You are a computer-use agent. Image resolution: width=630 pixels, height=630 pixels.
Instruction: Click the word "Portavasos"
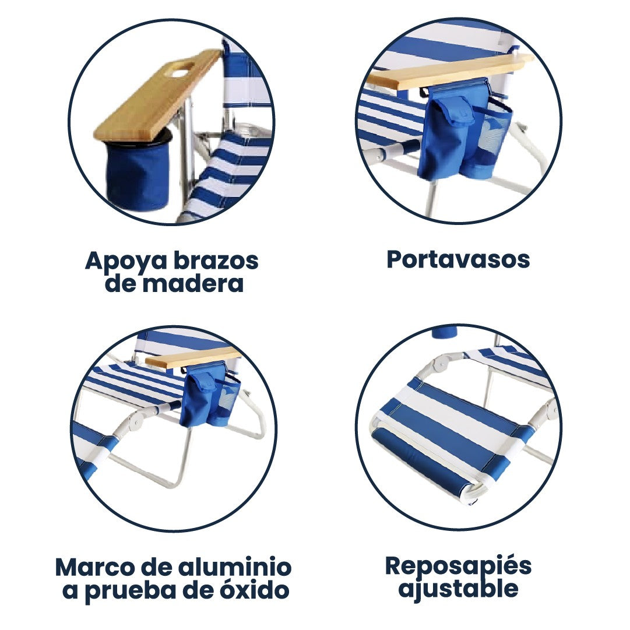coord(458,260)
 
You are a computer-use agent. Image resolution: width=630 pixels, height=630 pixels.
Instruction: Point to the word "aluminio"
coord(234,566)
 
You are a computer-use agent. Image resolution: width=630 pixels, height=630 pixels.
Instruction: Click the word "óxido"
coord(255,590)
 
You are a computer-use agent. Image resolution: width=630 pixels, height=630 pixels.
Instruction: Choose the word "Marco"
coord(92,566)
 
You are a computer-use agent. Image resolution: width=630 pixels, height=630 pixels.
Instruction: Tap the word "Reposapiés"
coord(458,565)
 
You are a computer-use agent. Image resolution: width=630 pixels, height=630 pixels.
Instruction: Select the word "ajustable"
coord(458,589)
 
